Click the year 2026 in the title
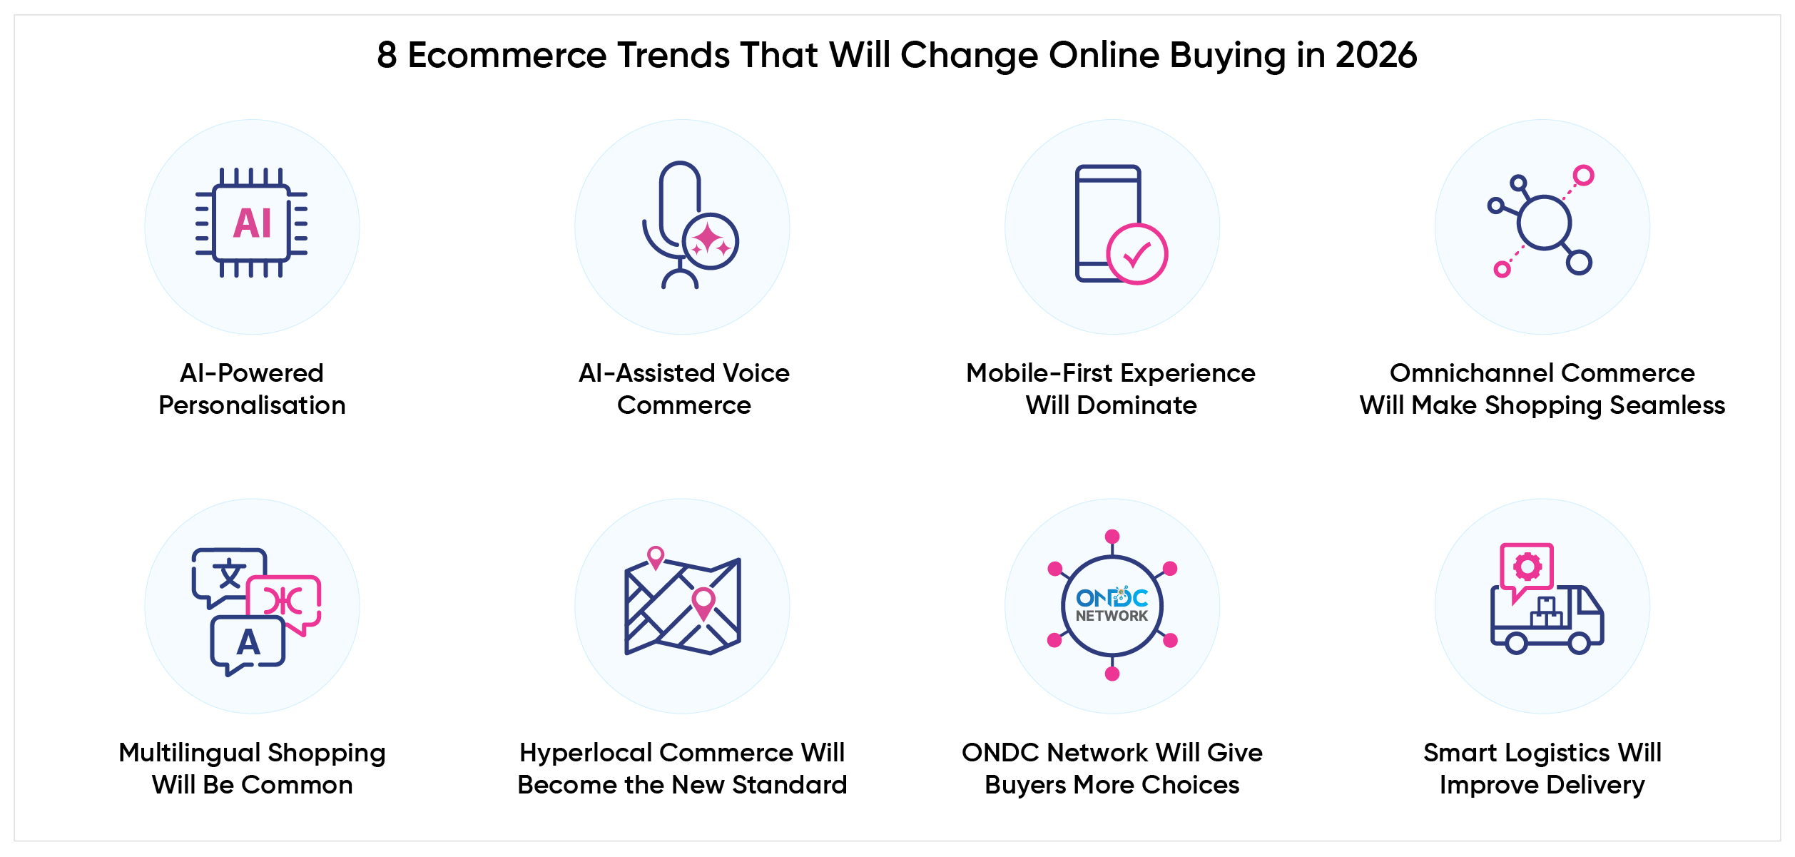(x=1376, y=55)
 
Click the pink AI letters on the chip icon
(x=253, y=223)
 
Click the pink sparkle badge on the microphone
(x=710, y=241)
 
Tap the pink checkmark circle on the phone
(x=1137, y=254)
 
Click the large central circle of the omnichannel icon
(x=1544, y=223)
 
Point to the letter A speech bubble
(x=248, y=645)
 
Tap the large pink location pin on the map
(x=703, y=604)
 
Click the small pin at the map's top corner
(x=656, y=557)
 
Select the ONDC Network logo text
(x=1112, y=604)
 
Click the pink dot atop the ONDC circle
(x=1112, y=537)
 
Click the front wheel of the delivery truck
(x=1580, y=643)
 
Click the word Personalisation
(x=252, y=405)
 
